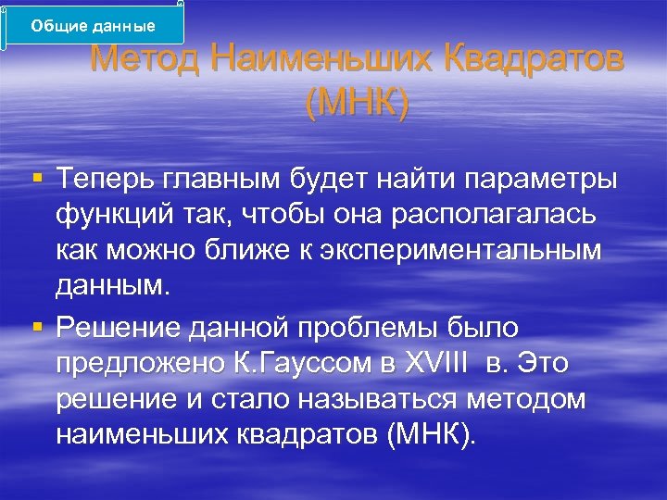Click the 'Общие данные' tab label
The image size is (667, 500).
coord(93,25)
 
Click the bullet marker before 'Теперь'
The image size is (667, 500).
coord(35,176)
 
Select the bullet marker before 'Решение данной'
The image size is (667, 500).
coord(35,326)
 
